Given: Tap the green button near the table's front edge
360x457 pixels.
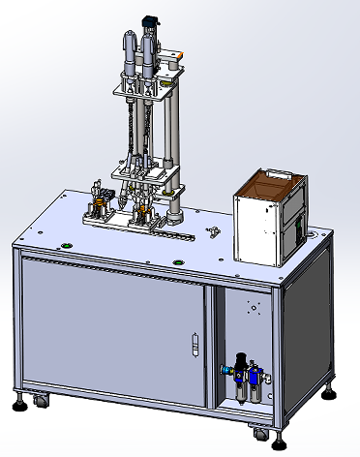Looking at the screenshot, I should point(177,262).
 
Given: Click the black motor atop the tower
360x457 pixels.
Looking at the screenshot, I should point(150,21).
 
